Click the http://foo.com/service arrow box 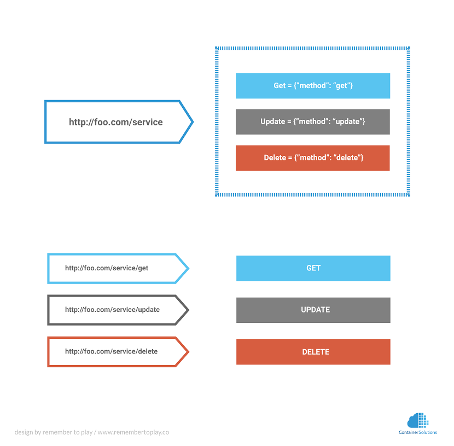(116, 122)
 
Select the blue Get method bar (313, 86)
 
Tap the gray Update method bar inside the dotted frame (313, 121)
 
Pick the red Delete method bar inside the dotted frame (313, 158)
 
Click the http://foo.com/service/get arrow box (115, 268)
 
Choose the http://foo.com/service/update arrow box (115, 310)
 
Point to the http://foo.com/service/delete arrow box (115, 351)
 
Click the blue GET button (313, 268)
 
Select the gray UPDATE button (313, 310)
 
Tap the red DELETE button (313, 352)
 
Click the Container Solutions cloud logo (417, 420)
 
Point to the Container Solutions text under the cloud (418, 433)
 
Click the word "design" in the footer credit (24, 432)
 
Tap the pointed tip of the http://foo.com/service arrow (192, 122)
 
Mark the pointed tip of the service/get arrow (188, 268)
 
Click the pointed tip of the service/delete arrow (188, 351)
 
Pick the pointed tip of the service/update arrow (188, 310)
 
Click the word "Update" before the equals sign (272, 121)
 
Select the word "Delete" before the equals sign (275, 158)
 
